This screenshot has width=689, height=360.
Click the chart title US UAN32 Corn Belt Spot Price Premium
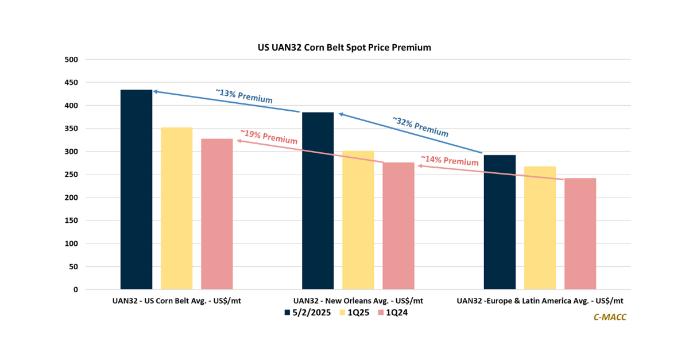344,48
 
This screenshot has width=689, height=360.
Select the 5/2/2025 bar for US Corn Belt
136,189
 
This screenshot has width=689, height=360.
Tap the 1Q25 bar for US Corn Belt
177,208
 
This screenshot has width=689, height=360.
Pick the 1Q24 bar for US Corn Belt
217,214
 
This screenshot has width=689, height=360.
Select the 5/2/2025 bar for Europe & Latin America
500,222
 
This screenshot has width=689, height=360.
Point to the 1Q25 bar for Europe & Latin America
540,228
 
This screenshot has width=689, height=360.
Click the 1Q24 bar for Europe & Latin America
580,234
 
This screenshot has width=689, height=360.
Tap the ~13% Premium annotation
244,96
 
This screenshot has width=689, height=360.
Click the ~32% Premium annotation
420,127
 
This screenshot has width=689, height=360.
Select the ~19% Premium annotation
269,137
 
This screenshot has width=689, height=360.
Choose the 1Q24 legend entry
393,312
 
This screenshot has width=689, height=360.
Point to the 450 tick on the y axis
71,83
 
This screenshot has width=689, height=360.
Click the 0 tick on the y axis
75,289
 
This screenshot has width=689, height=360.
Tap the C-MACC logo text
610,317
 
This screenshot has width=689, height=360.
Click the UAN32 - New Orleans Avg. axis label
358,300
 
